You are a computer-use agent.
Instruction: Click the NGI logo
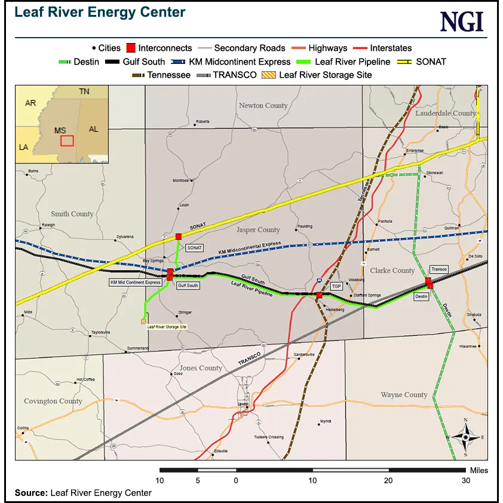[x=462, y=22]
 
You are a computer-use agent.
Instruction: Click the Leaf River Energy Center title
[x=100, y=13]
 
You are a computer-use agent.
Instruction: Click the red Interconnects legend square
[x=130, y=48]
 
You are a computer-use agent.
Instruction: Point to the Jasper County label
[x=258, y=230]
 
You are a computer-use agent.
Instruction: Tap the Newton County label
[x=263, y=106]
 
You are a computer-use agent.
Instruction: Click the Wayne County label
[x=404, y=395]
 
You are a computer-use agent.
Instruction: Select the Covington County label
[x=53, y=401]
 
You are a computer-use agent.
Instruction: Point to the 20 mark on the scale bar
[x=389, y=480]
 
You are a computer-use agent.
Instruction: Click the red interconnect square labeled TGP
[x=319, y=295]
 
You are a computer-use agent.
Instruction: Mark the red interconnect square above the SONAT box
[x=178, y=237]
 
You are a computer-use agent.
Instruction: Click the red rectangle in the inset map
[x=67, y=140]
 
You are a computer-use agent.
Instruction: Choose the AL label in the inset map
[x=93, y=129]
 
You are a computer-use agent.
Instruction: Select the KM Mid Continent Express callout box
[x=136, y=282]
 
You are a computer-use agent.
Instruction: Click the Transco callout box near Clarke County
[x=439, y=269]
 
